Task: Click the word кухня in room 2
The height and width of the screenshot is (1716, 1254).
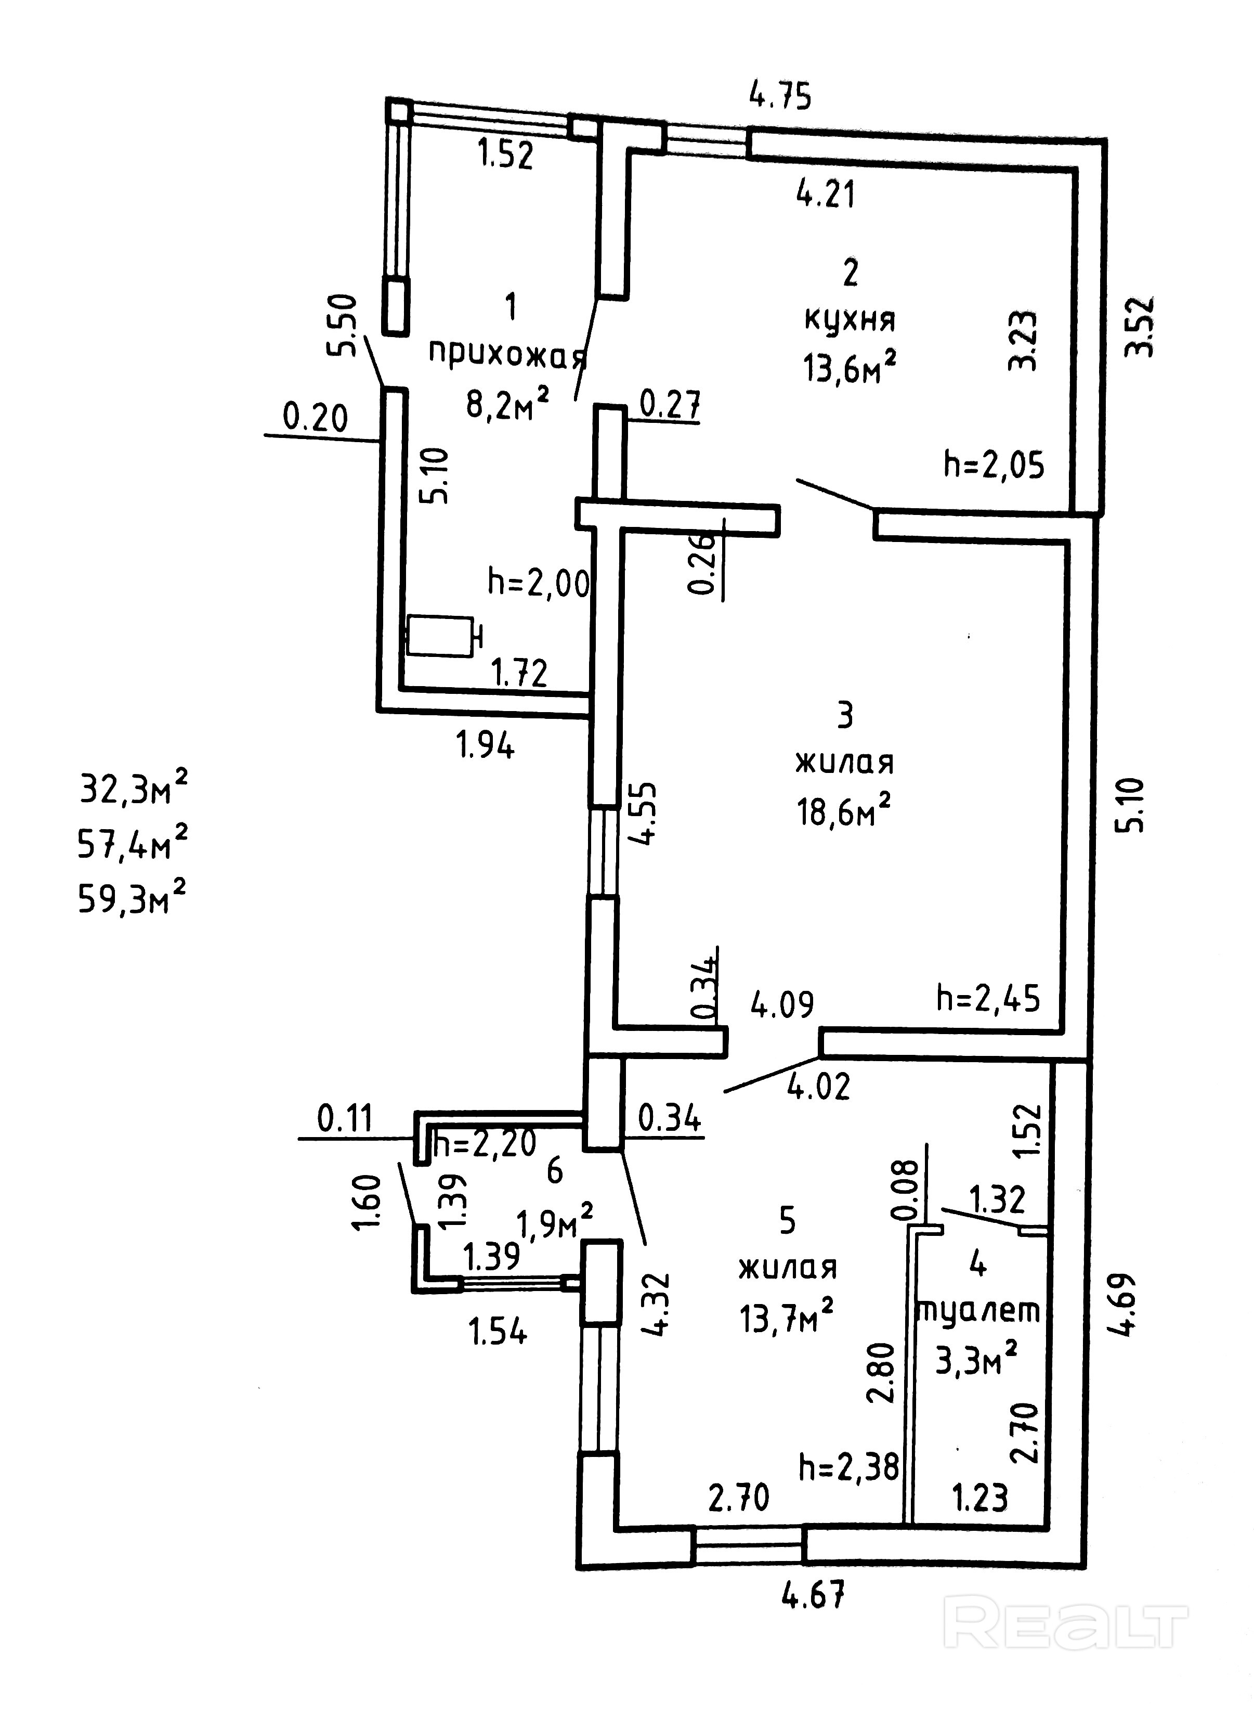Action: coord(850,320)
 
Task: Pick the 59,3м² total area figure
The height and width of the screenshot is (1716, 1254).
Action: coord(132,899)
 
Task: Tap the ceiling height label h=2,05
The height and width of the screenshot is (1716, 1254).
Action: coord(994,464)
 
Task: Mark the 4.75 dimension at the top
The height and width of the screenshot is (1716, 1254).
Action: coord(780,96)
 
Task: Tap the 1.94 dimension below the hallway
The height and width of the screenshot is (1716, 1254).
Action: coord(485,745)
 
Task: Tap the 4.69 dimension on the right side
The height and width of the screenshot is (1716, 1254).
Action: coord(1126,1304)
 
